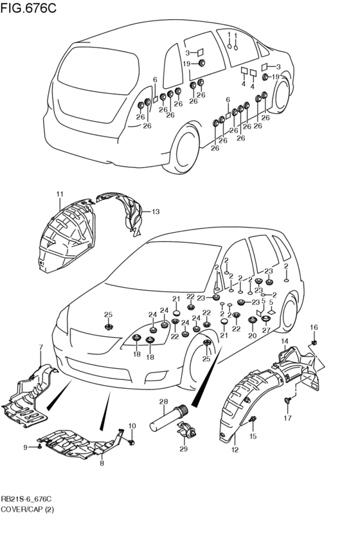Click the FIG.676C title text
pyautogui.click(x=28, y=8)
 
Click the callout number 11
pyautogui.click(x=60, y=194)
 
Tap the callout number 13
pyautogui.click(x=155, y=211)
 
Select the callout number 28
pyautogui.click(x=163, y=402)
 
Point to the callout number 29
pyautogui.click(x=183, y=449)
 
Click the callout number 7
pyautogui.click(x=40, y=347)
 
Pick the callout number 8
pyautogui.click(x=102, y=463)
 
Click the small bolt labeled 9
pyautogui.click(x=39, y=447)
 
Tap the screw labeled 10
pyautogui.click(x=132, y=442)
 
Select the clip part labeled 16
pyautogui.click(x=314, y=343)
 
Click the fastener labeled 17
pyautogui.click(x=287, y=400)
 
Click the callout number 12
pyautogui.click(x=235, y=450)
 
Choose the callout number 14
pyautogui.click(x=285, y=341)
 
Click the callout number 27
pyautogui.click(x=266, y=330)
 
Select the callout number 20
pyautogui.click(x=252, y=336)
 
